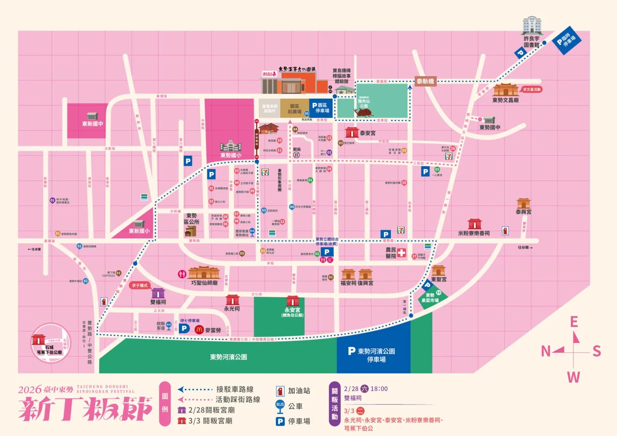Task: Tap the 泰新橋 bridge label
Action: pos(425,81)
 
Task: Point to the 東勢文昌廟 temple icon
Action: pos(506,90)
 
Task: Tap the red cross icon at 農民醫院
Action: pos(401,253)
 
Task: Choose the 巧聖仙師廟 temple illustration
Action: pos(204,273)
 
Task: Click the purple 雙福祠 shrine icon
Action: pos(158,293)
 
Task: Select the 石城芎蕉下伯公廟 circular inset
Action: pos(51,344)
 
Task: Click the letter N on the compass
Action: pos(545,351)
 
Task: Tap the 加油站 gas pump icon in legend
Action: pos(280,391)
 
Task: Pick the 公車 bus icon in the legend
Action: pos(280,406)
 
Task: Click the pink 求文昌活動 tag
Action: pos(531,90)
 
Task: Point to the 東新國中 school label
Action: pos(92,124)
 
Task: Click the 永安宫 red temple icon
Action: pos(292,301)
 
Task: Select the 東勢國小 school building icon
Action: pos(230,146)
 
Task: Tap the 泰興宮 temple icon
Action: pos(523,203)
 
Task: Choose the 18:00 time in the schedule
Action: pos(379,389)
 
